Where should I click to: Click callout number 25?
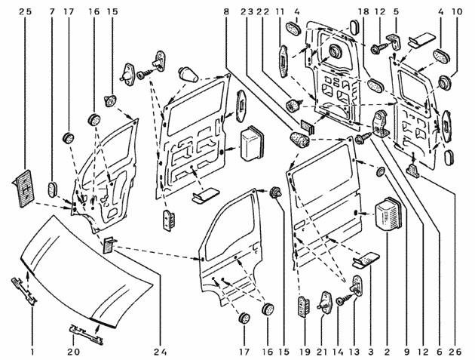point(25,12)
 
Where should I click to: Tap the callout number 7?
point(53,12)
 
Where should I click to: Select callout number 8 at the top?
point(226,12)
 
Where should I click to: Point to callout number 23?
point(247,12)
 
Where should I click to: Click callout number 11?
point(280,12)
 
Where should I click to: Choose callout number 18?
point(363,12)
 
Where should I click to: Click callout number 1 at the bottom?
point(32,352)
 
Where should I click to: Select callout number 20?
point(74,352)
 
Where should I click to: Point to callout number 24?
point(161,352)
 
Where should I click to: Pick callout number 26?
point(455,352)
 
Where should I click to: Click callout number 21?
point(322,352)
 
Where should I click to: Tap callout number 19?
point(305,352)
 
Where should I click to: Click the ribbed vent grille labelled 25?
point(24,188)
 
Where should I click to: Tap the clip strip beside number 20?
point(86,334)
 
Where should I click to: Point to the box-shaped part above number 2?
point(388,215)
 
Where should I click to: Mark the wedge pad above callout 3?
point(366,260)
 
